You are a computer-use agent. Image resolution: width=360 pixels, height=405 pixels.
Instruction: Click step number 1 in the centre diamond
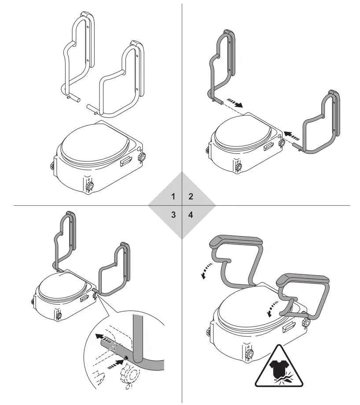tap(173, 196)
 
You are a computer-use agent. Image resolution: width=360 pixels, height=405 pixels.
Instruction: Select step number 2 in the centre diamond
tap(191, 196)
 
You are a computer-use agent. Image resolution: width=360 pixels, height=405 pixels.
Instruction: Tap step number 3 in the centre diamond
tap(173, 215)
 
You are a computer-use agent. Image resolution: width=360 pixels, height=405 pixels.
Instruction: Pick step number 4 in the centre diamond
tap(191, 215)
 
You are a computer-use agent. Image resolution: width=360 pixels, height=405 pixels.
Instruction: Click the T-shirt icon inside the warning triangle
tap(278, 368)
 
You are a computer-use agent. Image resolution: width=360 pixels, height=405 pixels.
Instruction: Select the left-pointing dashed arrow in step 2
tap(291, 135)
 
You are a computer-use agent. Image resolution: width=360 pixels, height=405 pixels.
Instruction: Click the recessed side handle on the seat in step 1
tap(125, 163)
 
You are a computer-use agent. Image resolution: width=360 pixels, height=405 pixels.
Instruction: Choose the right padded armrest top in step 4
tap(304, 279)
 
